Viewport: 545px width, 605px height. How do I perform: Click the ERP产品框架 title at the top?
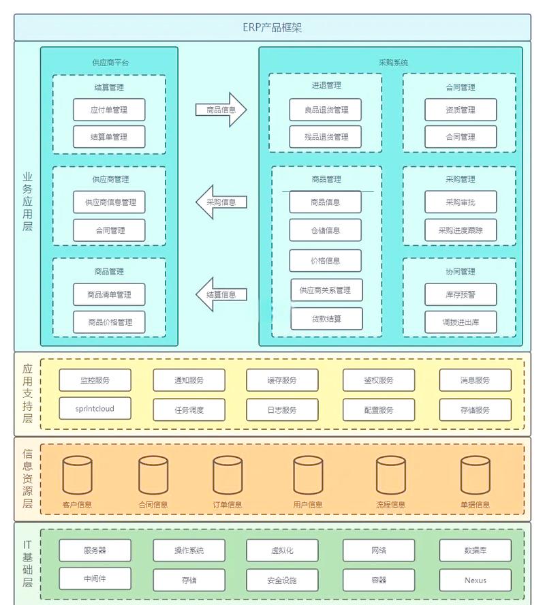(x=272, y=27)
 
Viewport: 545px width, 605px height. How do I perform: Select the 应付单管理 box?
(x=109, y=110)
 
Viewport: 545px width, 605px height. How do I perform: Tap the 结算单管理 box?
(x=109, y=137)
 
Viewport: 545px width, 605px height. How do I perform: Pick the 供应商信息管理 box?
(x=109, y=202)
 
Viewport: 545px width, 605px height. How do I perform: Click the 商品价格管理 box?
(x=109, y=322)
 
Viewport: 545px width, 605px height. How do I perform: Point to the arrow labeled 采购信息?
(x=221, y=202)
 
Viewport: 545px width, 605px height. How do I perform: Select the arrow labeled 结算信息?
(x=221, y=295)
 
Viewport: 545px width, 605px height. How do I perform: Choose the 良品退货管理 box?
(x=326, y=110)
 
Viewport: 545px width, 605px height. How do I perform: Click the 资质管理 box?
(x=461, y=110)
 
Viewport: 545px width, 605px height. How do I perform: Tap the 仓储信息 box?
(x=326, y=230)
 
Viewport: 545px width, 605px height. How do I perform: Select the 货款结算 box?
(x=326, y=319)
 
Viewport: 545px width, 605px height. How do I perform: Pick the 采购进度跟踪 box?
(x=461, y=230)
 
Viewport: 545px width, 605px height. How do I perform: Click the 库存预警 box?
(x=461, y=295)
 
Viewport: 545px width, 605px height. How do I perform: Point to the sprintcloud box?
(x=95, y=409)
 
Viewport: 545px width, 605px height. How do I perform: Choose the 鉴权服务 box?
(x=378, y=380)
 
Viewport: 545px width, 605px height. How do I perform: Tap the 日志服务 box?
(x=282, y=410)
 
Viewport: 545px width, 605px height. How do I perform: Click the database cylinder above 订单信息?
(x=228, y=475)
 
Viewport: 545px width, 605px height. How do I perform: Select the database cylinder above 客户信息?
(x=77, y=475)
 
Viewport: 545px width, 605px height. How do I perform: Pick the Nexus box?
(x=475, y=580)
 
